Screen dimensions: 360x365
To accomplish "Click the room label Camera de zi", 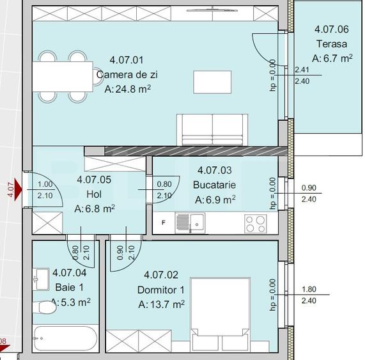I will [x=127, y=75].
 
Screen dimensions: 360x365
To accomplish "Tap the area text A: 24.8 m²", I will [x=127, y=90].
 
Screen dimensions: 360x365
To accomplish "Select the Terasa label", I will [x=331, y=43].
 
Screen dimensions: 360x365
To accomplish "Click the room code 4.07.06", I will [x=331, y=29].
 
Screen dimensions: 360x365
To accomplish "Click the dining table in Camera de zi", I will [x=62, y=77].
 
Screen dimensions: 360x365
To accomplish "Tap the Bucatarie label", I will [x=214, y=184].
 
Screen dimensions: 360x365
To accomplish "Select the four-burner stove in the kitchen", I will [x=255, y=223].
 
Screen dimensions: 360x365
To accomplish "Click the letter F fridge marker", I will [x=164, y=223].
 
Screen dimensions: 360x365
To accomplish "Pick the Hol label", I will [x=94, y=194].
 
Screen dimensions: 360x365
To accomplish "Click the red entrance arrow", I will [x=18, y=190].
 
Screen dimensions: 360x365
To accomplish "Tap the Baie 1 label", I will [x=69, y=286].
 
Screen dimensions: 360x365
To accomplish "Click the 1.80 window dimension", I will [x=308, y=289].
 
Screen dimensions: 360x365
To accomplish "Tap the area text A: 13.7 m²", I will [x=161, y=304].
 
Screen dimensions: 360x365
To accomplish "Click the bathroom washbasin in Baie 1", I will [x=43, y=278].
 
